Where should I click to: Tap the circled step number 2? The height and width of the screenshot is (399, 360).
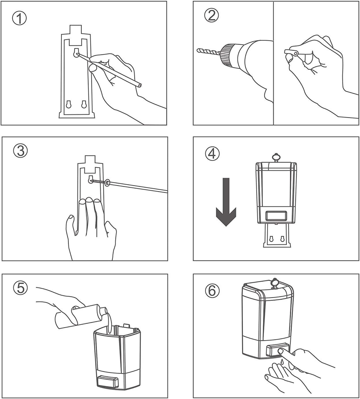[x=212, y=15]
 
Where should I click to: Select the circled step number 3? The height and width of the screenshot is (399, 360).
[x=21, y=151]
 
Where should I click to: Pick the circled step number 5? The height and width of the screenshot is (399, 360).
[x=21, y=288]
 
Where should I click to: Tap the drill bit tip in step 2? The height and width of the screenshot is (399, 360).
[x=199, y=51]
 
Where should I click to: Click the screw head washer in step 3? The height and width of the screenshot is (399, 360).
[x=108, y=182]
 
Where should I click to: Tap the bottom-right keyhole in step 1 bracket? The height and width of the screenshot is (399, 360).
[x=84, y=104]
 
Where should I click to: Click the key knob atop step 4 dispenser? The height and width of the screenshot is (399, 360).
[x=276, y=157]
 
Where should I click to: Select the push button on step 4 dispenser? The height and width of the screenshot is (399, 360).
[x=276, y=216]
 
